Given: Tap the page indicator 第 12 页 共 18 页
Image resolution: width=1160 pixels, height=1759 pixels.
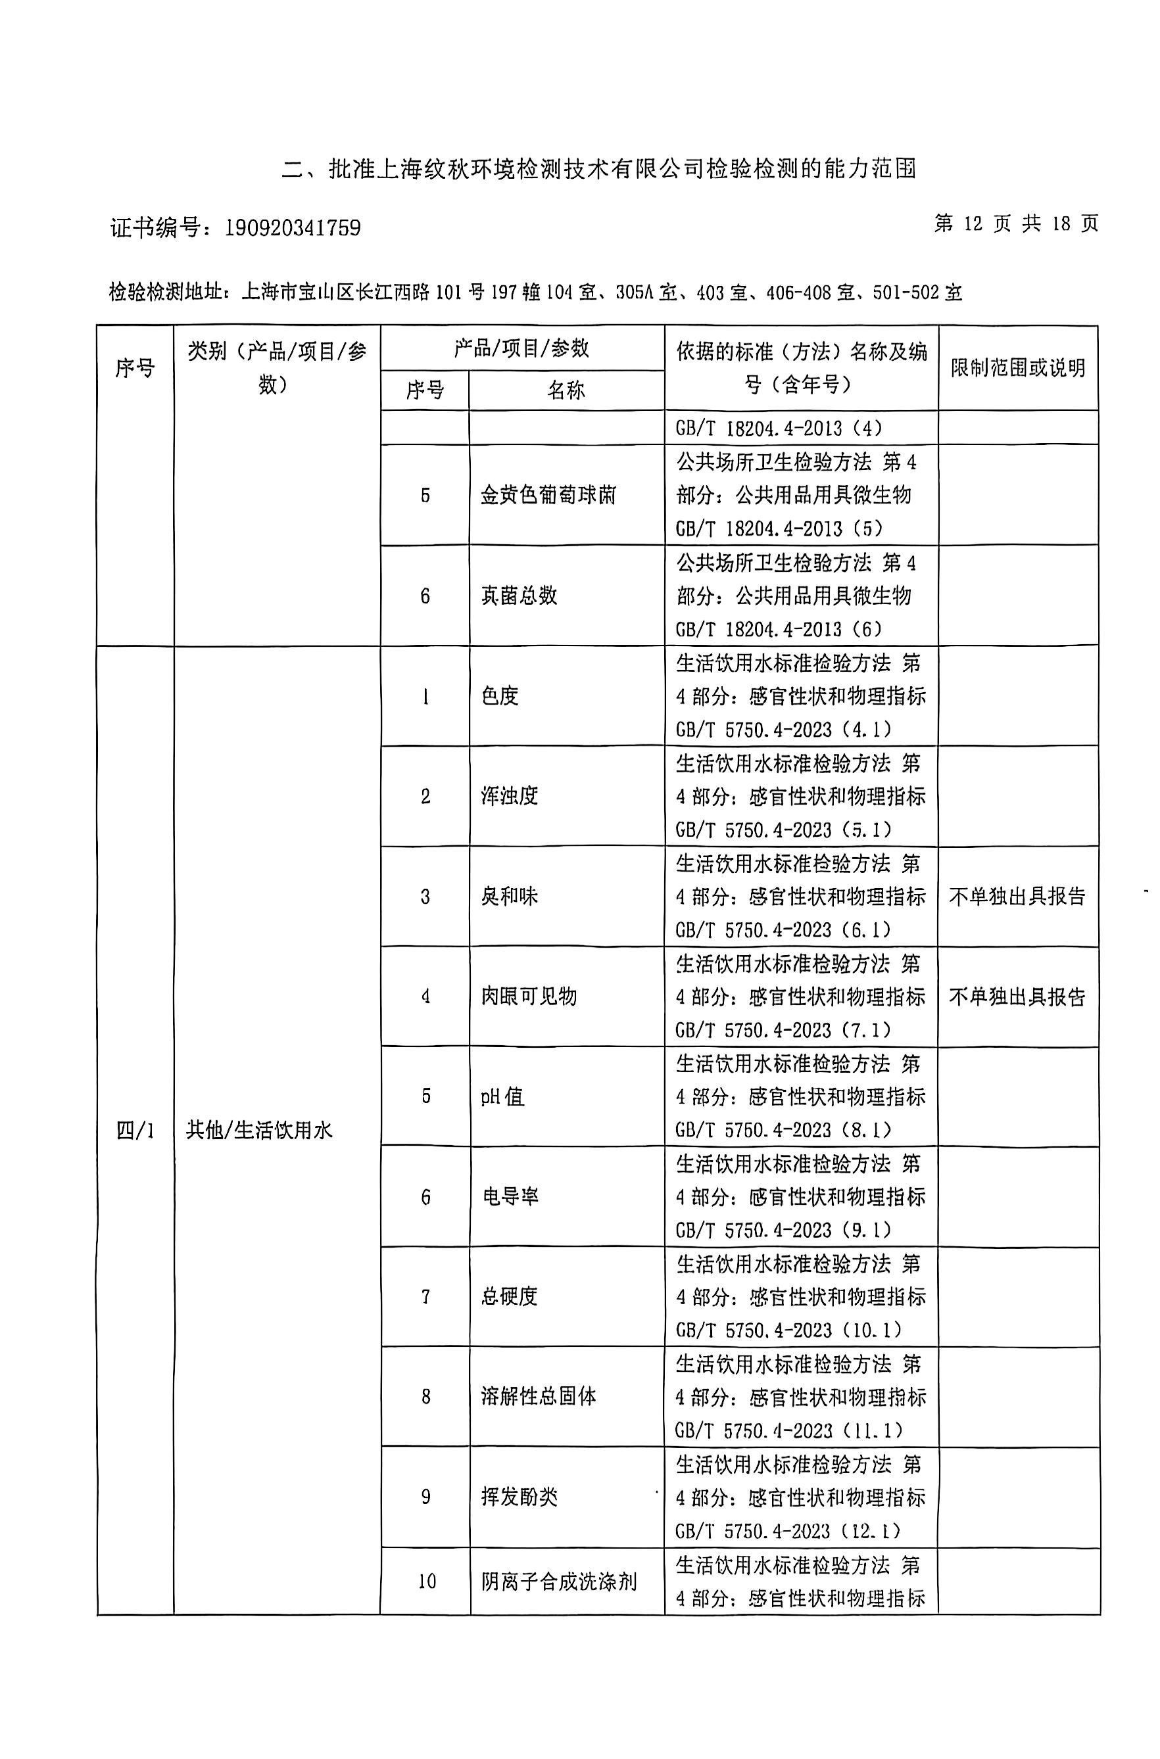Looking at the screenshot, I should (1016, 224).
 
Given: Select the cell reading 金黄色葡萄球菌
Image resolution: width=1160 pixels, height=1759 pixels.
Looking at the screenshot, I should (548, 496).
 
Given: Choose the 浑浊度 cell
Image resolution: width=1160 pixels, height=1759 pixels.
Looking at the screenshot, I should (509, 796).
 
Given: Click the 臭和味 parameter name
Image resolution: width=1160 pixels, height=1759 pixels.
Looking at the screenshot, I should (509, 897).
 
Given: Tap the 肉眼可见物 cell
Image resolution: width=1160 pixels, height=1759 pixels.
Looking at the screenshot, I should (528, 997).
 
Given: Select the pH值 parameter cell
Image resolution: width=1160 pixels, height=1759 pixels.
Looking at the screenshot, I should (502, 1096).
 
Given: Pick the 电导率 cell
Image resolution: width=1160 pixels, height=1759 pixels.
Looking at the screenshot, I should (510, 1196).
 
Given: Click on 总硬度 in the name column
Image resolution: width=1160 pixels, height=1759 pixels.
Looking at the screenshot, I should (509, 1296).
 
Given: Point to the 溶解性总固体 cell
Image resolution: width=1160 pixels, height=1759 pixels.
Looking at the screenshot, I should (538, 1397).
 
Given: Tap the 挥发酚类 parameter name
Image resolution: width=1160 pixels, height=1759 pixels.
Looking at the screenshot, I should (519, 1497).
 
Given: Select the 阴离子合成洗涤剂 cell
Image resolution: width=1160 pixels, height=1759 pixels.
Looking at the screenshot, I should (558, 1582).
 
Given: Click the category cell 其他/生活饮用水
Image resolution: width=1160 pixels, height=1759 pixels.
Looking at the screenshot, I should (259, 1131).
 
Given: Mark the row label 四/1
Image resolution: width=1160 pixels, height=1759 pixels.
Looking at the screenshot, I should (135, 1131).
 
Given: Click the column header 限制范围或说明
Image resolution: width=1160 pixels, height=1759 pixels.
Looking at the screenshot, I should (1018, 367).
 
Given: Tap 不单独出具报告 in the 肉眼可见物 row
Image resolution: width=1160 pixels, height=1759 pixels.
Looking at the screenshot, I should (1017, 997).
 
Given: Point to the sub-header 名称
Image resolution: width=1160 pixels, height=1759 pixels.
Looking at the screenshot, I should (566, 390).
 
